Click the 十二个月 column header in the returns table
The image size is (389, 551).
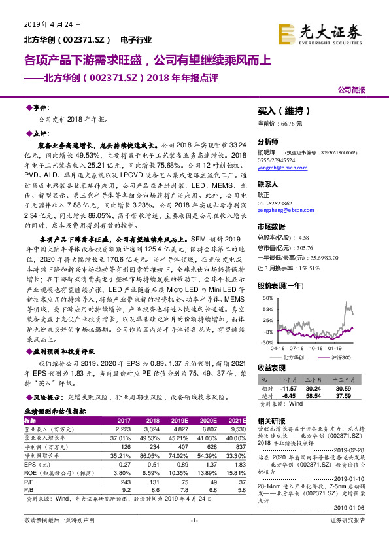pos(353,380)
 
